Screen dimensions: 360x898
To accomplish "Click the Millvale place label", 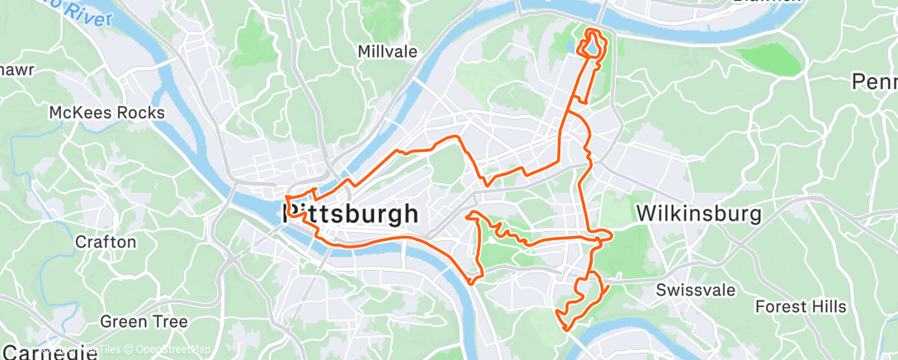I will click(x=388, y=51).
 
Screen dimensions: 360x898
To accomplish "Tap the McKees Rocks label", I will click(x=107, y=112).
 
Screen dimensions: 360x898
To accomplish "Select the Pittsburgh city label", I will click(x=351, y=215).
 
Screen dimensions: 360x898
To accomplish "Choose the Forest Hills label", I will click(x=801, y=306).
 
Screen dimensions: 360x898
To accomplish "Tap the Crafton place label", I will click(x=105, y=242).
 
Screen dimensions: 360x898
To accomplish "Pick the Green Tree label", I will click(x=144, y=321).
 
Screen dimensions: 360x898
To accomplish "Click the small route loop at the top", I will click(x=593, y=45).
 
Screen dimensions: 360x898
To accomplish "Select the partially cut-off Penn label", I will click(x=876, y=82).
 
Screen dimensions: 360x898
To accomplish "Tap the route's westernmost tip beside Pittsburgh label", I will click(x=286, y=200).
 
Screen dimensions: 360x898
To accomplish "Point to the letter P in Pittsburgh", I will click(x=291, y=215).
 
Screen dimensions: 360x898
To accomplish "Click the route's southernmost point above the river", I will click(x=567, y=329).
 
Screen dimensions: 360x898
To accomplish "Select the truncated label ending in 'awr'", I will click(x=17, y=69).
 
